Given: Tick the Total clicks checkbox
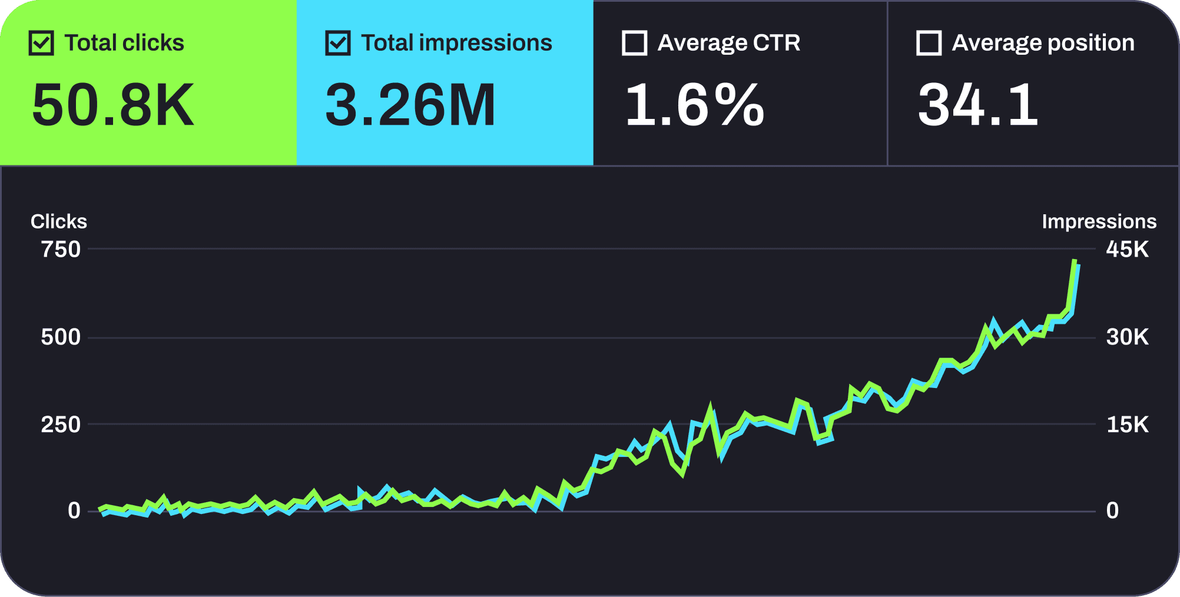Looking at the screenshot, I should coord(41,44).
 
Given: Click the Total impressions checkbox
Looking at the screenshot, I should coord(338,44).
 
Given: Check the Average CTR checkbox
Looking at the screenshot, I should coord(634,44).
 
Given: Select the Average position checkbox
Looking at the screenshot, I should coord(929,44).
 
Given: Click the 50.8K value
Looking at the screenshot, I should coord(113,105).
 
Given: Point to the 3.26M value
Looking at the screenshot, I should coord(410,105).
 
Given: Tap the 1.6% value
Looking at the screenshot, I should coord(695,105).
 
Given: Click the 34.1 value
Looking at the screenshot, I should coord(978,105).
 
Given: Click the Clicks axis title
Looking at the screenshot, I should coord(59,221).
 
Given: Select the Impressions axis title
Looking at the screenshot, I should coord(1099,221).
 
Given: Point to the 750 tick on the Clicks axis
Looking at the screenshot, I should coord(61,250).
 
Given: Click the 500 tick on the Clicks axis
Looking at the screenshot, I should coord(61,337).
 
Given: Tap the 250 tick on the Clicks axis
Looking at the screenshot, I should coord(61,424).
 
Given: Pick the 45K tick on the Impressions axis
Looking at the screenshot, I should coord(1127,250).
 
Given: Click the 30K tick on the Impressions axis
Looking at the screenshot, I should coord(1127,337).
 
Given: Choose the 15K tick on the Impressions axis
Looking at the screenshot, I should coord(1127,424).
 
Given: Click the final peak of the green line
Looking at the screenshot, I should coord(1075,261).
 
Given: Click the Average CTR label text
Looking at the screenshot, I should coord(729,43).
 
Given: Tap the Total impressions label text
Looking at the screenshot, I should coord(456,43).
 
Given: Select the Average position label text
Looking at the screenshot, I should coord(1043,43).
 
